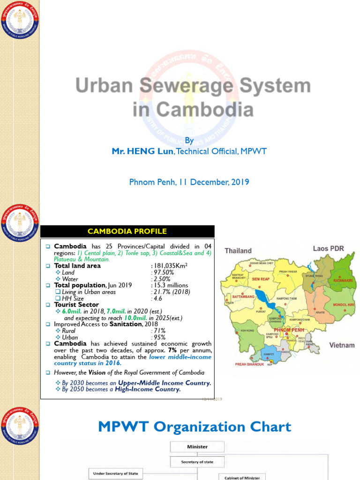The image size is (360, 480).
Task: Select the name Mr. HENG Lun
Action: [141, 151]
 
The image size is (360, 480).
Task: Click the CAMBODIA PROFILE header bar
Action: [127, 231]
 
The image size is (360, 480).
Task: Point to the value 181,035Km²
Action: [169, 266]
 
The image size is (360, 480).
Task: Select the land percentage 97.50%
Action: [163, 272]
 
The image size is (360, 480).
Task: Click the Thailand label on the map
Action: [238, 251]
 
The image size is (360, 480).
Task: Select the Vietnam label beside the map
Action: [342, 345]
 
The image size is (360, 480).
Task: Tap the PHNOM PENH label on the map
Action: [292, 330]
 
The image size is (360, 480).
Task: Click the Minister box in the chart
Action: [197, 447]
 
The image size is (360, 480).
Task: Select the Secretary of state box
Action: [197, 462]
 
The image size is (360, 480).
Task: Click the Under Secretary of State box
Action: [115, 473]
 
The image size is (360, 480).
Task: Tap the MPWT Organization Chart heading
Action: [194, 427]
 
